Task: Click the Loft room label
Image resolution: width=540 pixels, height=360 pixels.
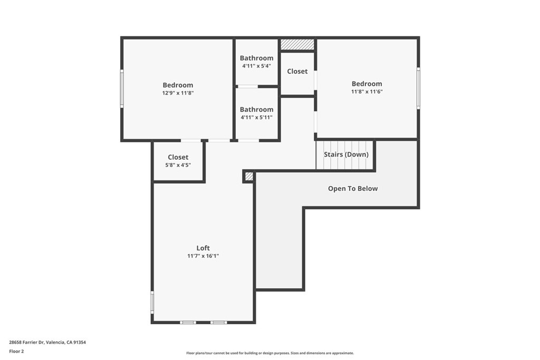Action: (x=203, y=248)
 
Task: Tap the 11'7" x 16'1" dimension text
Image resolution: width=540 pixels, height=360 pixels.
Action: (x=203, y=256)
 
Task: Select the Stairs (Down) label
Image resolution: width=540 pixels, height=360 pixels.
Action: (x=346, y=154)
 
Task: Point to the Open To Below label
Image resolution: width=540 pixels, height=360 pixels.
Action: (x=353, y=189)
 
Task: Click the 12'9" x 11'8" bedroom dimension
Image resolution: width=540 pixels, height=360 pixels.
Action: (x=178, y=93)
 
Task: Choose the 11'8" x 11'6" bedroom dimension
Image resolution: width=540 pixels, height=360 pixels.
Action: (x=367, y=92)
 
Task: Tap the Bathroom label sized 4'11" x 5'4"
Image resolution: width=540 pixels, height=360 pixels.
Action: (x=257, y=58)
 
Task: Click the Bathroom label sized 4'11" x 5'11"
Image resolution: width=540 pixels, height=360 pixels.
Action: (x=257, y=110)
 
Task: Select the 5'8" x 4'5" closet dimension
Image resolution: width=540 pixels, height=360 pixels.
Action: (x=178, y=165)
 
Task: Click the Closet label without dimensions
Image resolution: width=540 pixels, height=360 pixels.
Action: (x=297, y=71)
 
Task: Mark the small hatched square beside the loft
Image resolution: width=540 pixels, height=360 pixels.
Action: (x=249, y=177)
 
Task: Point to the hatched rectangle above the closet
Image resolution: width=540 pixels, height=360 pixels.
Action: (x=297, y=44)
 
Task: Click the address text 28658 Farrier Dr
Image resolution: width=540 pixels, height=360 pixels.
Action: (x=26, y=342)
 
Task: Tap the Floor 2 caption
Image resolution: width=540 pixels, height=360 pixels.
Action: (x=16, y=352)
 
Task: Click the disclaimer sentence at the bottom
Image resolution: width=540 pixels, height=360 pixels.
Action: (x=270, y=353)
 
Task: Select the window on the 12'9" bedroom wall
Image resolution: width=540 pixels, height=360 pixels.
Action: (x=122, y=89)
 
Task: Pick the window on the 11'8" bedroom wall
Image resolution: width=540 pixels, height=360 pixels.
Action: (x=418, y=88)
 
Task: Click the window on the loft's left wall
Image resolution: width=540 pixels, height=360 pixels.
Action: (x=152, y=302)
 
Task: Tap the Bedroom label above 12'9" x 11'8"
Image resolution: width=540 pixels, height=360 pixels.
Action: (x=178, y=85)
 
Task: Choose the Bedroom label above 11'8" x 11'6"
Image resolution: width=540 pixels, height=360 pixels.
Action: (x=367, y=84)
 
